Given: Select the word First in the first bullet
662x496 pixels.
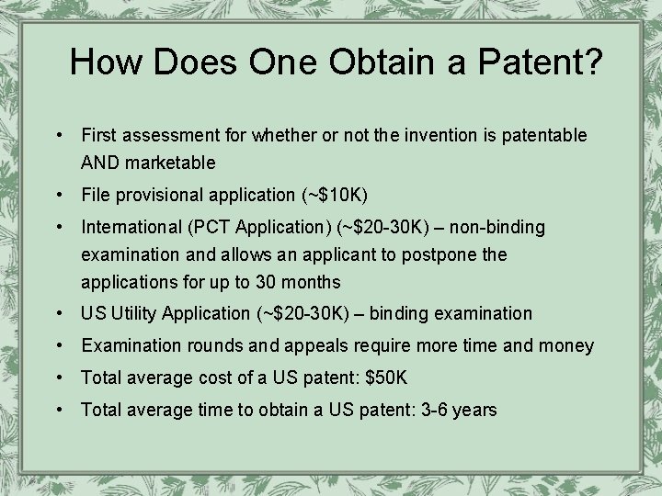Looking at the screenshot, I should pos(99,135).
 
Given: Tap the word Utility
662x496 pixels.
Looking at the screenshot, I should pos(134,313).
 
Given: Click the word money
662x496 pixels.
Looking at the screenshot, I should pos(568,346).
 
